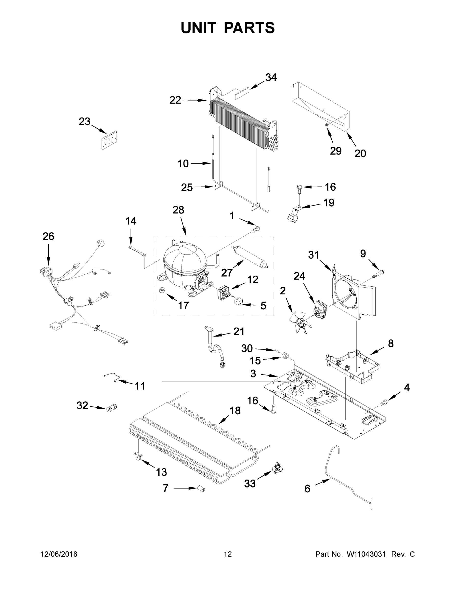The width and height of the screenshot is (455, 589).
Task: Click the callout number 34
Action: (x=271, y=78)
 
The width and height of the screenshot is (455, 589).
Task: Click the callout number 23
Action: (x=84, y=122)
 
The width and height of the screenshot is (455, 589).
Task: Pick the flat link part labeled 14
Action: (x=137, y=251)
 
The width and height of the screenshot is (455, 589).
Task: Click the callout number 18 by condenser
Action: (x=235, y=411)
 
